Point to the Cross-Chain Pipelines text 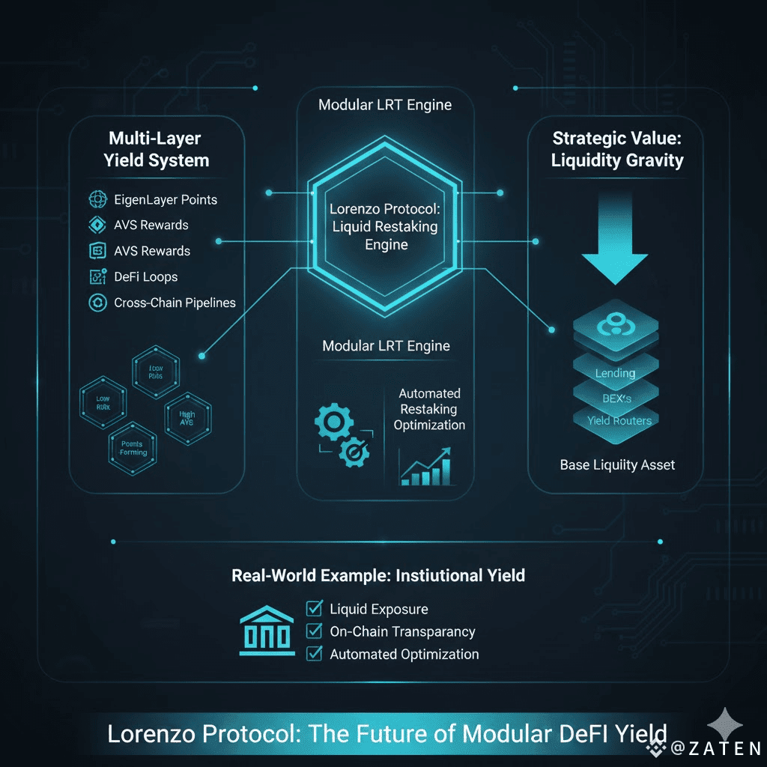pyautogui.click(x=175, y=303)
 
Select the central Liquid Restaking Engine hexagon pyautogui.click(x=386, y=225)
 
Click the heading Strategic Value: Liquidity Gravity pyautogui.click(x=617, y=149)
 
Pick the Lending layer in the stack pyautogui.click(x=615, y=373)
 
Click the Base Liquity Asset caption pyautogui.click(x=617, y=465)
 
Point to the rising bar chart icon pyautogui.click(x=427, y=467)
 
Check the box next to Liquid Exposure pyautogui.click(x=315, y=609)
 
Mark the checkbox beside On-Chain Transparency pyautogui.click(x=315, y=631)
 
